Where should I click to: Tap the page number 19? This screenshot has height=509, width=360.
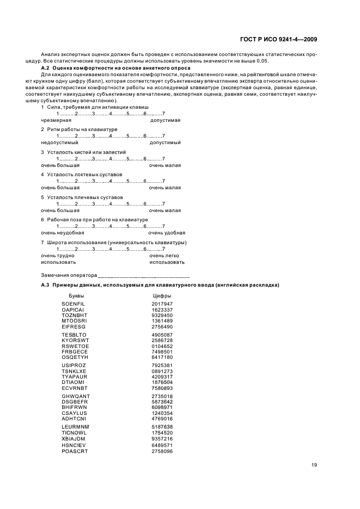pyautogui.click(x=314, y=464)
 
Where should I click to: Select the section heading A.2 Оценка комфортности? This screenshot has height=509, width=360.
pyautogui.click(x=116, y=68)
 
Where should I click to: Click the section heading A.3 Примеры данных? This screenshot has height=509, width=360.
pyautogui.click(x=160, y=285)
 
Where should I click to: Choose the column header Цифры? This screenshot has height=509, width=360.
pyautogui.click(x=162, y=296)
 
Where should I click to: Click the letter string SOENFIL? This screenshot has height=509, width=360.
pyautogui.click(x=74, y=303)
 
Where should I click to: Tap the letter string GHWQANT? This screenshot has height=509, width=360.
pyautogui.click(x=76, y=396)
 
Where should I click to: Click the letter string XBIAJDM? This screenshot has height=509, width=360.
pyautogui.click(x=75, y=438)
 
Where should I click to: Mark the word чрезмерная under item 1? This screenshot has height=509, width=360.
pyautogui.click(x=56, y=120)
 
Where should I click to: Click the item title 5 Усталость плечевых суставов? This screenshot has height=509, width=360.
pyautogui.click(x=82, y=197)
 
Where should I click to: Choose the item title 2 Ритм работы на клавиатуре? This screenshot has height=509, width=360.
pyautogui.click(x=79, y=129)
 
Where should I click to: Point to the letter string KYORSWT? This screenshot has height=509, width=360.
pyautogui.click(x=75, y=340)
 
